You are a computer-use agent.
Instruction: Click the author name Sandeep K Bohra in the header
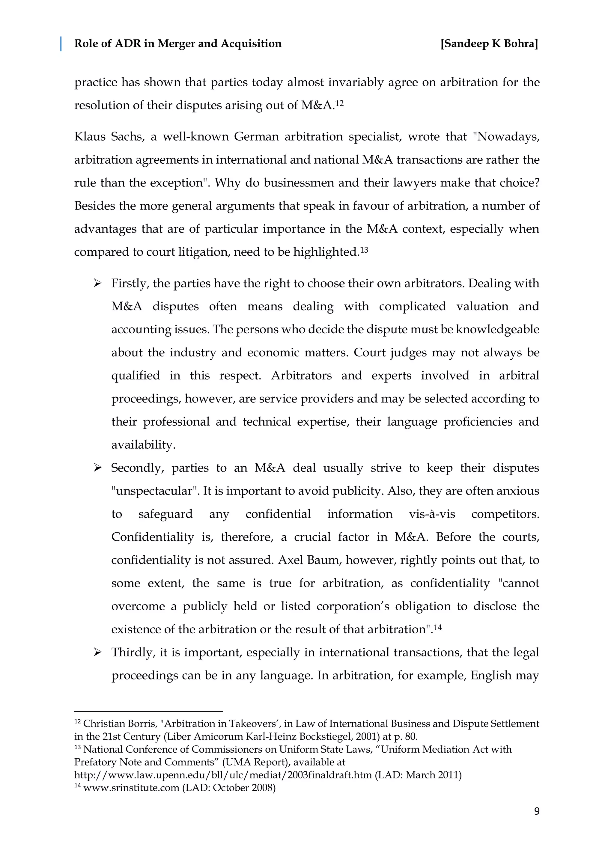click(489, 44)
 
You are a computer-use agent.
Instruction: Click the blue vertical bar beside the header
click(61, 44)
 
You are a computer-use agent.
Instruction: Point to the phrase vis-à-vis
click(432, 514)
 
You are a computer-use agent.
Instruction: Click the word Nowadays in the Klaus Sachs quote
click(507, 136)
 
